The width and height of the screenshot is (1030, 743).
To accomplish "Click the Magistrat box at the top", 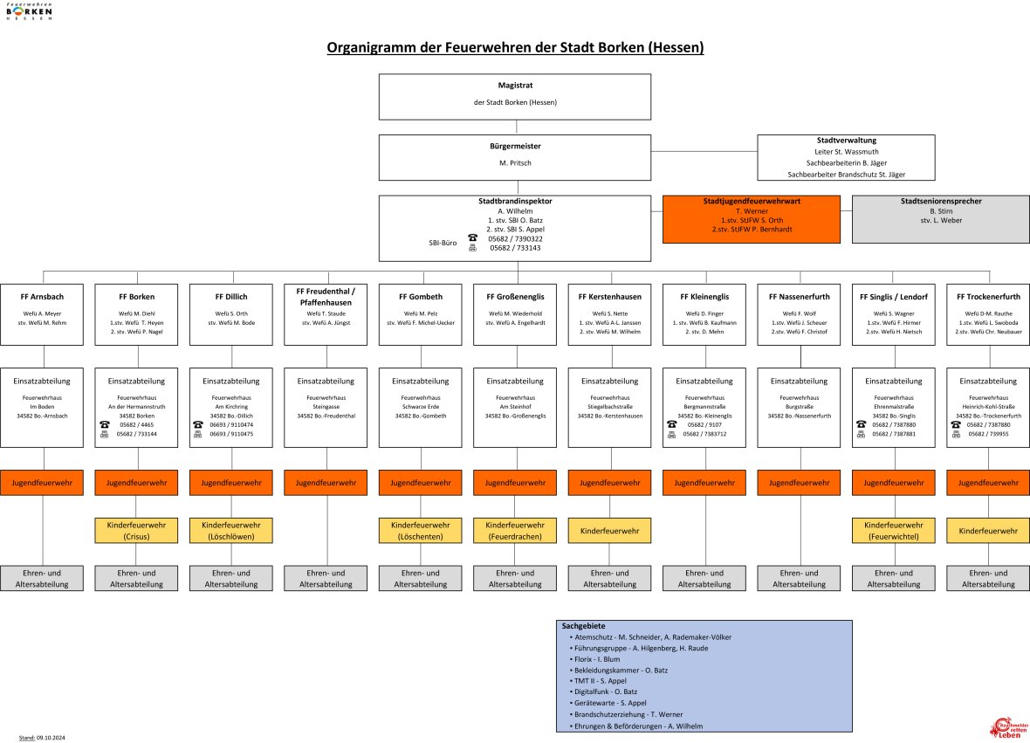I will tap(514, 96).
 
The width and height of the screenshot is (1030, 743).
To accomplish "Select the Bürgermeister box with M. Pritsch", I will tap(514, 156).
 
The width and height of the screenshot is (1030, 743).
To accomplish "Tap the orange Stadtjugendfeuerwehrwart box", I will tap(751, 217).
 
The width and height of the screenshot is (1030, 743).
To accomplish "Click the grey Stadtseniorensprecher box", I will tap(940, 217).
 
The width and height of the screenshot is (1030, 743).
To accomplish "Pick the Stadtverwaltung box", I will tap(846, 157).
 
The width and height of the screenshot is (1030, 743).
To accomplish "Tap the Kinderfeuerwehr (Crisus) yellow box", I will tap(137, 530).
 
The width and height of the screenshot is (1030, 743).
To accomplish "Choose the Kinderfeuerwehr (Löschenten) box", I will tap(421, 530).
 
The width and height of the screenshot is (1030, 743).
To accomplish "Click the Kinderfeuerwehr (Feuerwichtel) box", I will tap(894, 530).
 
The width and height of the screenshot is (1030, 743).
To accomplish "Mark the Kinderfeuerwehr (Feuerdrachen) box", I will tap(515, 530).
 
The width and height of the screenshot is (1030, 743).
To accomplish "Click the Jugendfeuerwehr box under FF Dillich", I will tap(231, 482).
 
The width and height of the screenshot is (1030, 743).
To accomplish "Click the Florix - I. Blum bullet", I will tap(597, 659).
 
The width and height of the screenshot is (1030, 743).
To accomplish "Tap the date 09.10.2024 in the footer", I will tap(51, 738).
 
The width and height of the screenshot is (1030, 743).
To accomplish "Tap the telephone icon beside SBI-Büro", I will tap(472, 237).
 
